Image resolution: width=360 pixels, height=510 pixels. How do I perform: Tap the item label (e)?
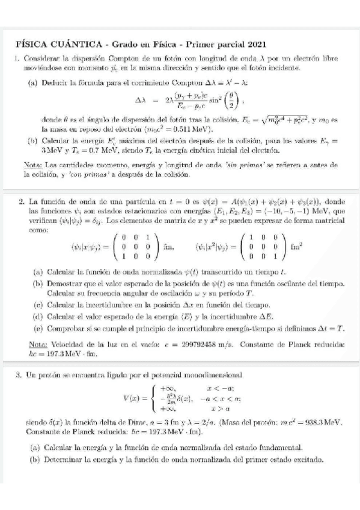[x=37, y=328]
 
